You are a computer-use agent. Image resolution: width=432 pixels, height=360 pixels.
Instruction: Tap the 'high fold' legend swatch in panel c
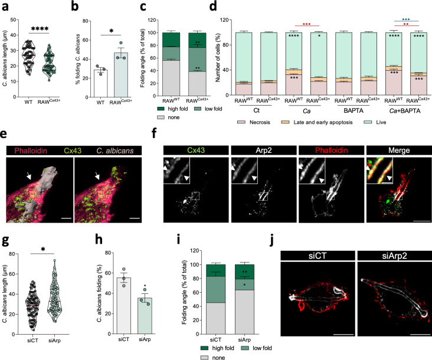point(144,110)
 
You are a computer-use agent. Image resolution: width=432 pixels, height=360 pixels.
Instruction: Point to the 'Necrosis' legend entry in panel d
point(260,127)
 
